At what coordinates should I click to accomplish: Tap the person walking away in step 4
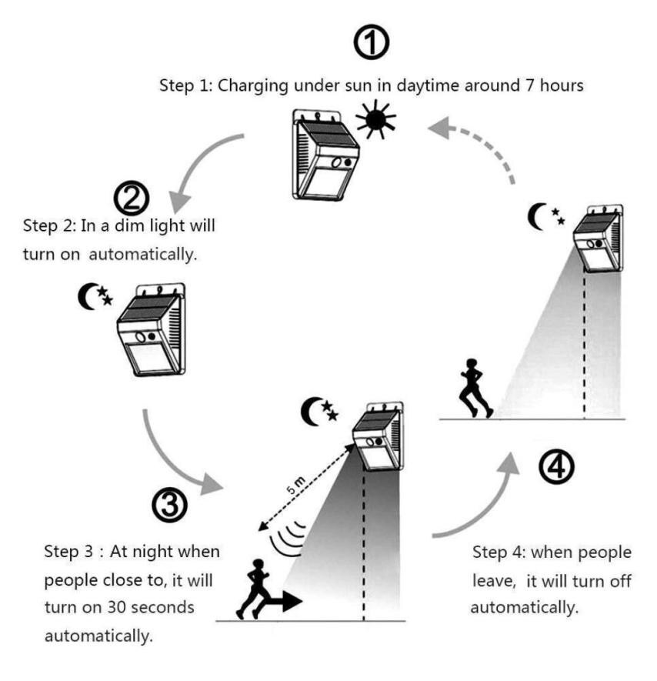pyautogui.click(x=473, y=389)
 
